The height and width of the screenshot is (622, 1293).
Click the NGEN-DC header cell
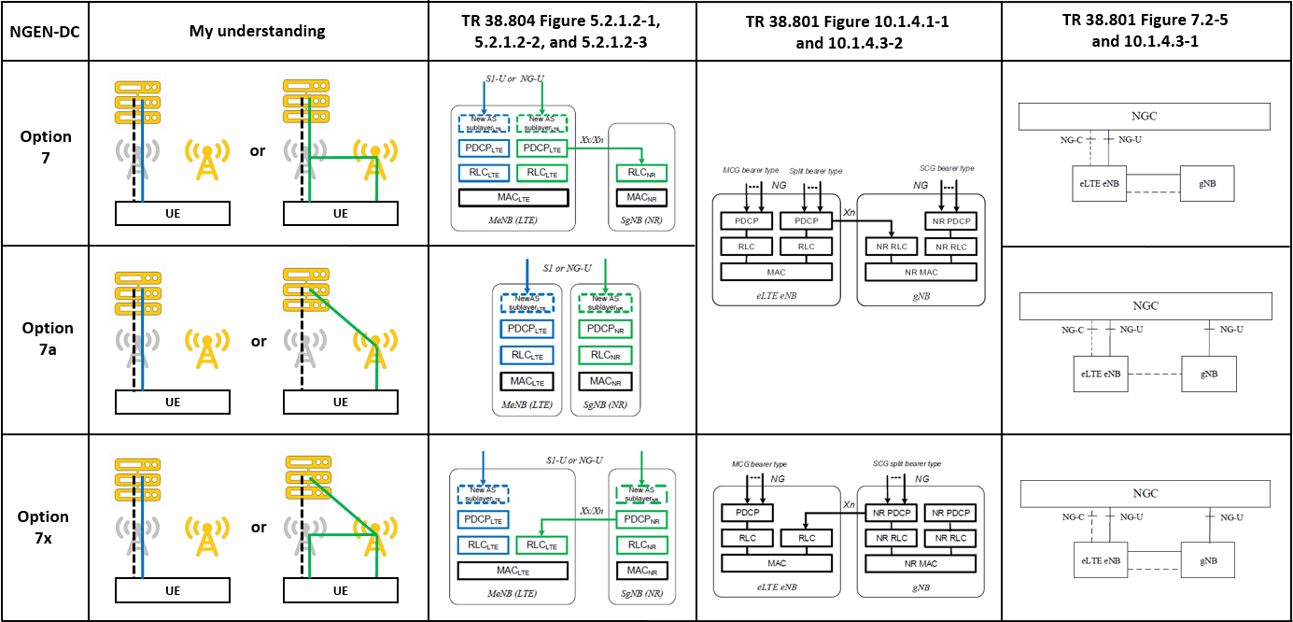44,31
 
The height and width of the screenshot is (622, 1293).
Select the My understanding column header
259,31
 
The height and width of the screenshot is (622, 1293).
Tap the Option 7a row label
47,338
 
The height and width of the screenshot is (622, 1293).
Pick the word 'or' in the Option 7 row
259,149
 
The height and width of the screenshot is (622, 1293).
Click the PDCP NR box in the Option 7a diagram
605,329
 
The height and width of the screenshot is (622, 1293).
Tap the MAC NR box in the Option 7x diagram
639,570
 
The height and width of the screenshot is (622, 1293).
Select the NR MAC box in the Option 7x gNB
921,563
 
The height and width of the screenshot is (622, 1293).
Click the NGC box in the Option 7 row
1145,116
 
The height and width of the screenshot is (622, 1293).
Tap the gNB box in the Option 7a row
1208,373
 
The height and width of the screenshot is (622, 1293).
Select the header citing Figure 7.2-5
1145,31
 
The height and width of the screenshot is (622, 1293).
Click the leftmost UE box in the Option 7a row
173,402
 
